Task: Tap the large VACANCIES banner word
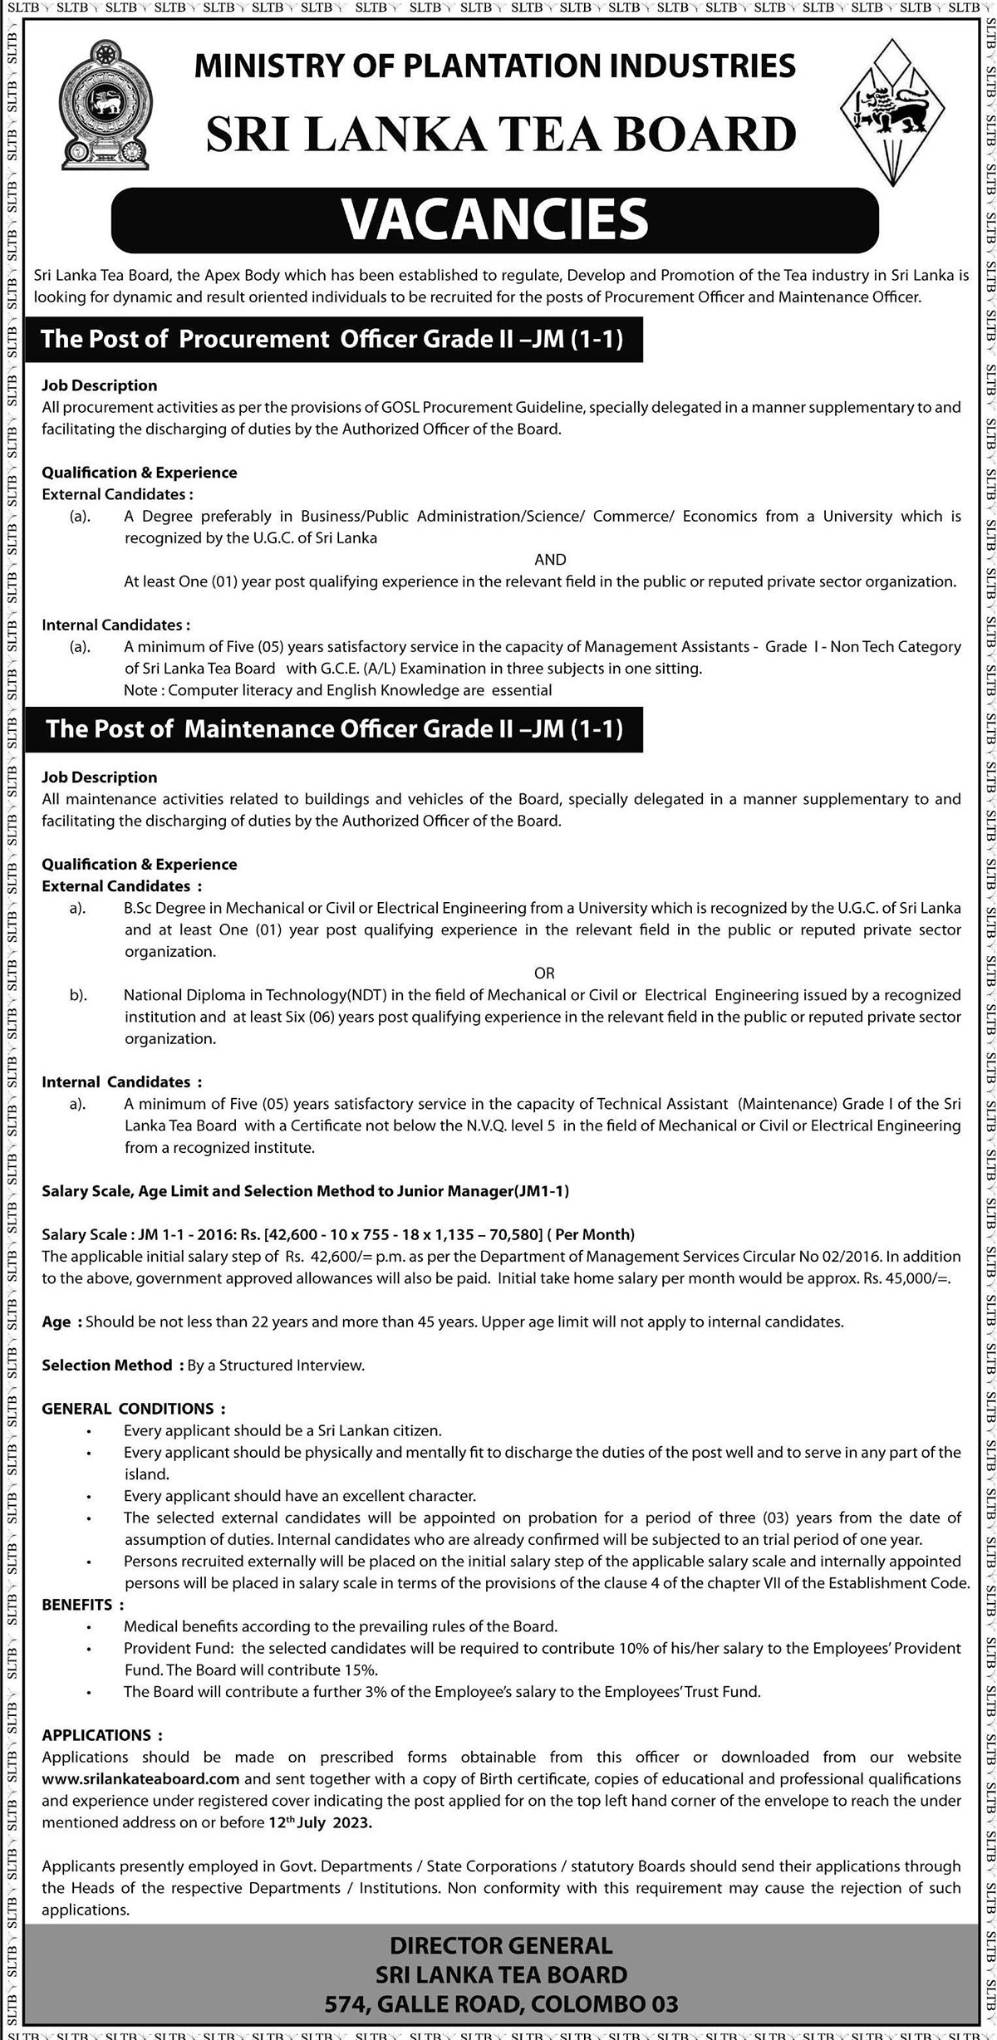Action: point(494,218)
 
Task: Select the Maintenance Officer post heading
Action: point(334,728)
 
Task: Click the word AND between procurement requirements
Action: point(549,560)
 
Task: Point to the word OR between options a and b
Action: point(544,973)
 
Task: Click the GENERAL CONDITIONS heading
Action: point(133,1409)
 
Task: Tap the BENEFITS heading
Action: point(82,1581)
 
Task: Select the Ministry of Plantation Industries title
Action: point(494,65)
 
